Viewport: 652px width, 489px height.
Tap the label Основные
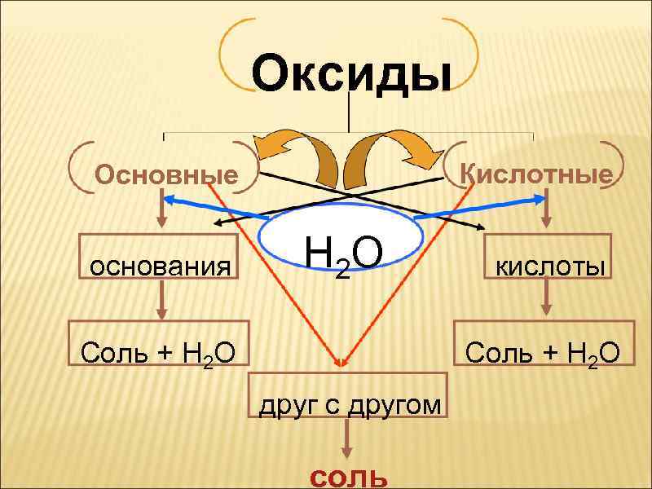166,175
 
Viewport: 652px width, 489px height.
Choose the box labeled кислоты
547,266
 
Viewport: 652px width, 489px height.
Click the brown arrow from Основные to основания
164,214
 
